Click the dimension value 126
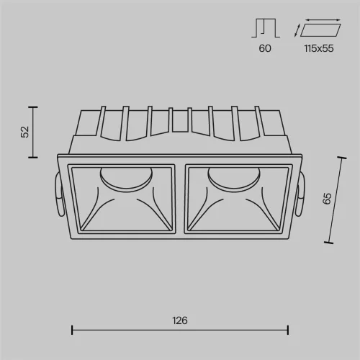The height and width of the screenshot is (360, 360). click(180, 320)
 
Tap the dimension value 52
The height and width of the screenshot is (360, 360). click(25, 132)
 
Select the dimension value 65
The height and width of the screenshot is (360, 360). click(327, 199)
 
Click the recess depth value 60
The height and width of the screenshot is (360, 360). click(265, 48)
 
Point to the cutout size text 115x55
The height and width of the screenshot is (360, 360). click(319, 48)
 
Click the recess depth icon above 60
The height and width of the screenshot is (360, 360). click(266, 28)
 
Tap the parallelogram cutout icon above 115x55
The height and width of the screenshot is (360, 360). click(320, 30)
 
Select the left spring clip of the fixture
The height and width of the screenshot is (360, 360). click(59, 195)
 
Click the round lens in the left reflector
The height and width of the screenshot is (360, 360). click(126, 178)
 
